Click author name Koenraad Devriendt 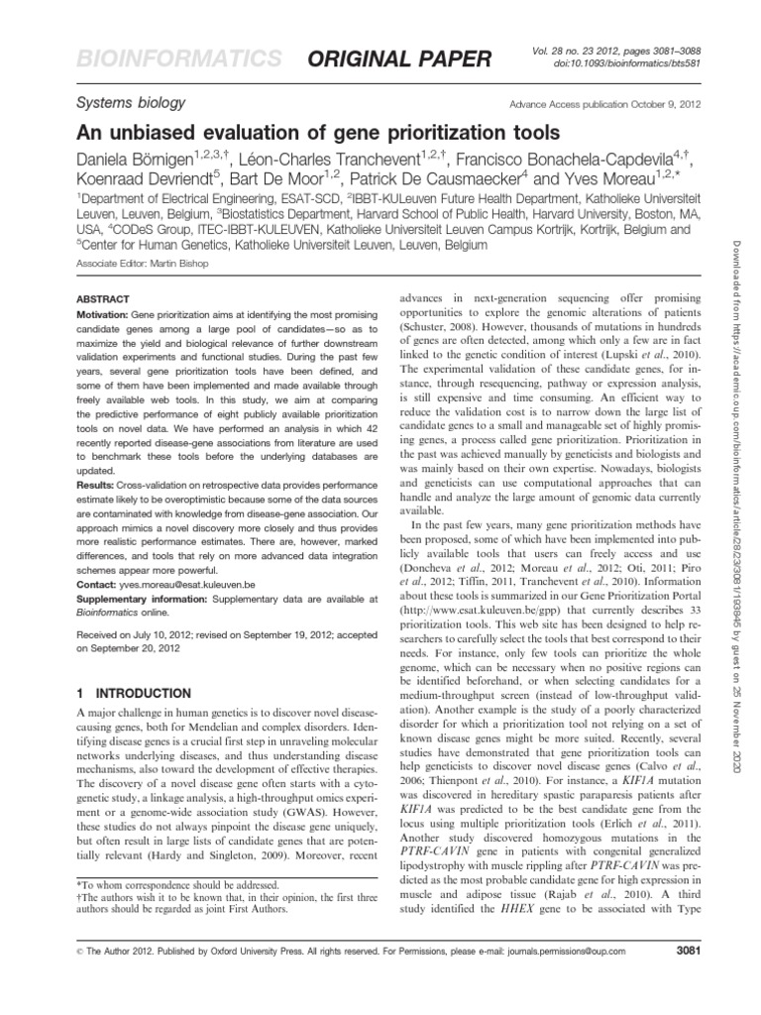[x=146, y=180]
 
